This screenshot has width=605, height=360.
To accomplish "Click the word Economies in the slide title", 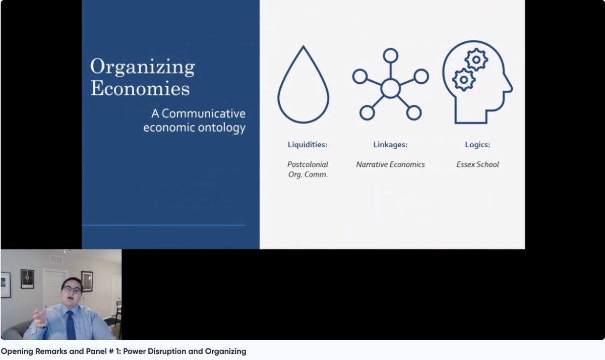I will coord(140,89).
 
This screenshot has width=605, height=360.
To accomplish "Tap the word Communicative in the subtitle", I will coord(202,113).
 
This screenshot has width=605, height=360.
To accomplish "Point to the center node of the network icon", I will coord(390,88).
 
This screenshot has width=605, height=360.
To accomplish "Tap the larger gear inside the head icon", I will coord(463,79).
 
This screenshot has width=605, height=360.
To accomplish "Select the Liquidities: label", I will coord(307,145).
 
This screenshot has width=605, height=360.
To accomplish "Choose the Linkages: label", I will coord(390,145).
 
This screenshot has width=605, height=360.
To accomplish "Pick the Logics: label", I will coord(477,145).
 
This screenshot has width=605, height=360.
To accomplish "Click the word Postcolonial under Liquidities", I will coord(308,164).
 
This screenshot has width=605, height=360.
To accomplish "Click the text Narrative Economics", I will coord(390,164).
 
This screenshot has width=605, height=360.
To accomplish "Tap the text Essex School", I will coord(477,164).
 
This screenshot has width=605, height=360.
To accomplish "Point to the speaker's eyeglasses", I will coord(72,290).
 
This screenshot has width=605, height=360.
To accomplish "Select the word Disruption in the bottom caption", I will coord(168,351).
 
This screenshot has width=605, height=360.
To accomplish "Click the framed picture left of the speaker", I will coord(28,279).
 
